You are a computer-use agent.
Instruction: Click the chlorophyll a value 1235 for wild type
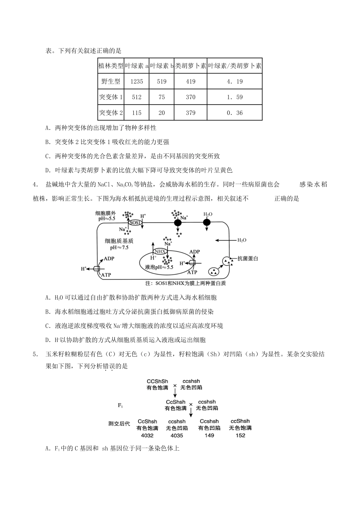136,81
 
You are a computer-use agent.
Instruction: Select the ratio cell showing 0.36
235,113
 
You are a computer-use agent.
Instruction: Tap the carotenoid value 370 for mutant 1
191,97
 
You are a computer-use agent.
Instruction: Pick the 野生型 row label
111,81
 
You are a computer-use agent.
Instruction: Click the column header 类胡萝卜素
191,66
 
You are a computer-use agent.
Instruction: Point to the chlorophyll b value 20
162,113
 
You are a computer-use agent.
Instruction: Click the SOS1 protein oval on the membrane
135,223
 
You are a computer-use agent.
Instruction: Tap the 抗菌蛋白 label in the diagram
247,258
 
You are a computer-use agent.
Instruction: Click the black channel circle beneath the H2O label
207,222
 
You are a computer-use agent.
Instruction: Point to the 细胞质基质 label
119,241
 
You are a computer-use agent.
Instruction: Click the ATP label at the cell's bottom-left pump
106,275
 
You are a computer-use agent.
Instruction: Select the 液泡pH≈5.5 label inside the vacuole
159,267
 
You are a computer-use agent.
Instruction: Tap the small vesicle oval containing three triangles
214,271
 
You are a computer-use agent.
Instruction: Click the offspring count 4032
147,435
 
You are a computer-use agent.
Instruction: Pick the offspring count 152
240,435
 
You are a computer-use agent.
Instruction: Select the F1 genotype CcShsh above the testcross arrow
175,402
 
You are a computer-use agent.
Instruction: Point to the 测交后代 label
119,423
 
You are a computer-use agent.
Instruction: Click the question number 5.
35,354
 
